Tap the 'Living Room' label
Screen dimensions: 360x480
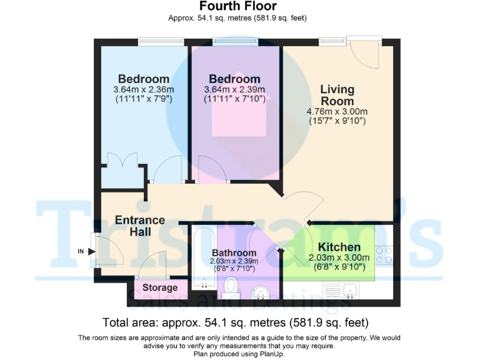tap(337, 95)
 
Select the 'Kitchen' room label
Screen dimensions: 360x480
tap(339, 247)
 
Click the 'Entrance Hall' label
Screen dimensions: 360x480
tap(140, 226)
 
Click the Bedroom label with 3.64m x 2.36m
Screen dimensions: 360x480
tap(144, 79)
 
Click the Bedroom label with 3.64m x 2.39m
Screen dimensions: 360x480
tap(234, 79)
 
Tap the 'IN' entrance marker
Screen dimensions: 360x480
tap(81, 251)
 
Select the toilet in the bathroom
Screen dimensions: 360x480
tap(231, 287)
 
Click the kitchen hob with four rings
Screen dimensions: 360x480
tap(383, 254)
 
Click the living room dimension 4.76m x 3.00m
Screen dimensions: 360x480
tap(337, 112)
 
